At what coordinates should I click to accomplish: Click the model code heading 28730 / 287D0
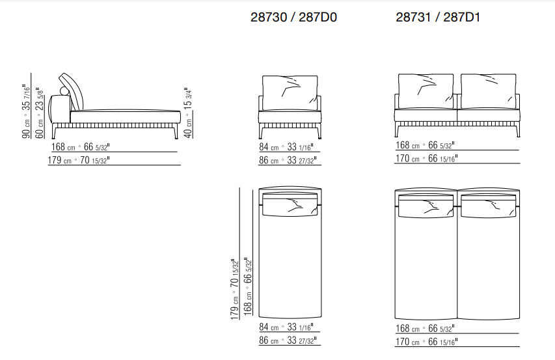[293, 18]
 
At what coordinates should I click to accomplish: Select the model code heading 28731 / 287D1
[438, 18]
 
